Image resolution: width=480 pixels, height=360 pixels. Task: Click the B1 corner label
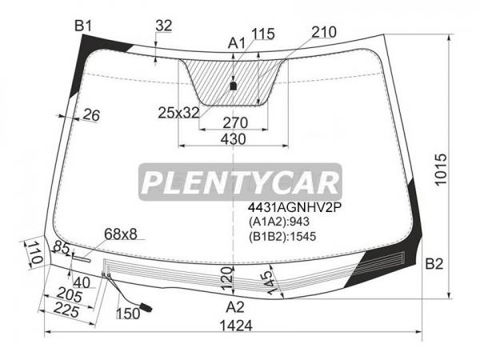(83, 26)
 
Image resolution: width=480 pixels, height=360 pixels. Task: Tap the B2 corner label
(434, 263)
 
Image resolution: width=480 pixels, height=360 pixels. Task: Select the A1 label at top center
(236, 43)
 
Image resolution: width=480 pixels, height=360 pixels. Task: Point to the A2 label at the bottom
(234, 306)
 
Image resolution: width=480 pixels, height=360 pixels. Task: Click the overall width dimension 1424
(236, 326)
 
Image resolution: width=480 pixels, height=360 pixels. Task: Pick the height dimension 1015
(441, 170)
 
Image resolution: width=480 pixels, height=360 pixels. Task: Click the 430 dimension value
(234, 139)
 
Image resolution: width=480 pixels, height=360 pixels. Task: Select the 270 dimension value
(235, 122)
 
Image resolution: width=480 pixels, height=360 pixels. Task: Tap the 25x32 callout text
(178, 113)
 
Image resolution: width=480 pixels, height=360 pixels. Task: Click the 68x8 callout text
(121, 234)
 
